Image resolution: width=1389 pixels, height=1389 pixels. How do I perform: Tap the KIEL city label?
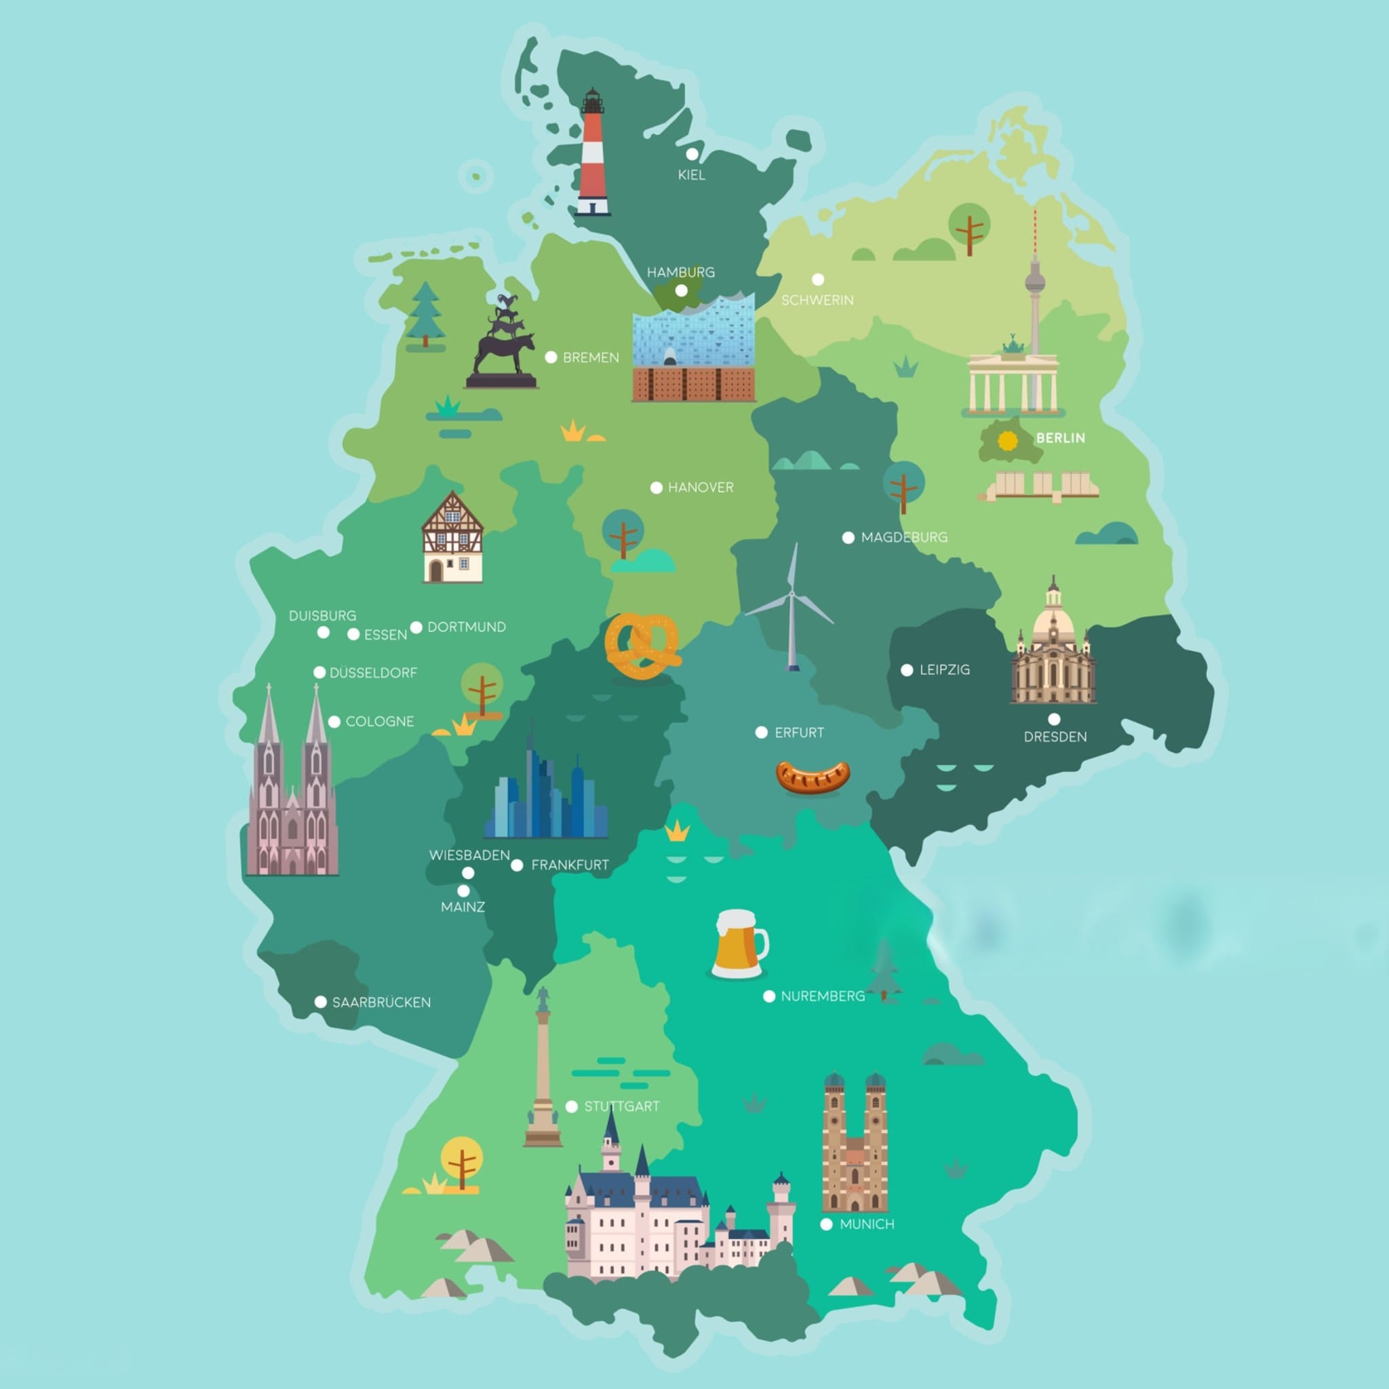(692, 175)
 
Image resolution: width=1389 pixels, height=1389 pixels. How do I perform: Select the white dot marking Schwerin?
(817, 279)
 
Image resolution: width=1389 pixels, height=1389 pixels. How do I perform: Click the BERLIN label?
(1061, 438)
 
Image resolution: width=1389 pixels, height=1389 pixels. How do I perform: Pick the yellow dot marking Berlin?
(1008, 440)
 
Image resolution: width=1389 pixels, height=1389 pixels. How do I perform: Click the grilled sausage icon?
(813, 777)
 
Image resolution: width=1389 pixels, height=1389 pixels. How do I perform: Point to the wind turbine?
(791, 608)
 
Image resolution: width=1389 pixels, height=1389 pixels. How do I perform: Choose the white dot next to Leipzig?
(907, 670)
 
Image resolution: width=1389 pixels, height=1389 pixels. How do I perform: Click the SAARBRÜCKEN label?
(381, 1002)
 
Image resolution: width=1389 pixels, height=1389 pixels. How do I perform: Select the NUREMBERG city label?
(823, 996)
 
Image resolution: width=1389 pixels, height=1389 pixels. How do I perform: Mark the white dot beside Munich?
(826, 1224)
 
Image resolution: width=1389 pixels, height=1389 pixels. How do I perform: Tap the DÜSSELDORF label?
(373, 673)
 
